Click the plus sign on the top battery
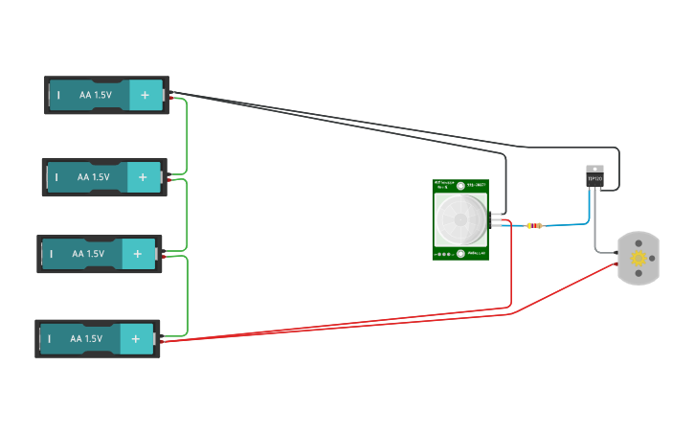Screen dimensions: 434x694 coord(146,95)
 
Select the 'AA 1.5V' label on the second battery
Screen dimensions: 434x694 coord(94,177)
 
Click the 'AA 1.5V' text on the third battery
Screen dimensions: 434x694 coord(88,254)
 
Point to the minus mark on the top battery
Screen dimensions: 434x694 coord(59,95)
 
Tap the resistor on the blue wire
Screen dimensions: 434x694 coord(534,226)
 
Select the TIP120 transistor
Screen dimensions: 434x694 coord(594,178)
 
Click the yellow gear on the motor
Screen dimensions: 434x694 coord(638,258)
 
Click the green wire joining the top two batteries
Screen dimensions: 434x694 coord(186,134)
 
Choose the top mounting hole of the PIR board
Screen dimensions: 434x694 coord(460,186)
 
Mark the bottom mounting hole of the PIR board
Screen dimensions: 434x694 coord(460,254)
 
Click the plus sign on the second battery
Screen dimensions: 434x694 coord(143,177)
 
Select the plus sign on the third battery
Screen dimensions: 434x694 coord(138,254)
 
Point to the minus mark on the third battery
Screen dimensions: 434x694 coord(51,254)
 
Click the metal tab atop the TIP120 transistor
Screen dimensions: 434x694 coord(594,169)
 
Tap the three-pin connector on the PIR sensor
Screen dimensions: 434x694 coord(495,219)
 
